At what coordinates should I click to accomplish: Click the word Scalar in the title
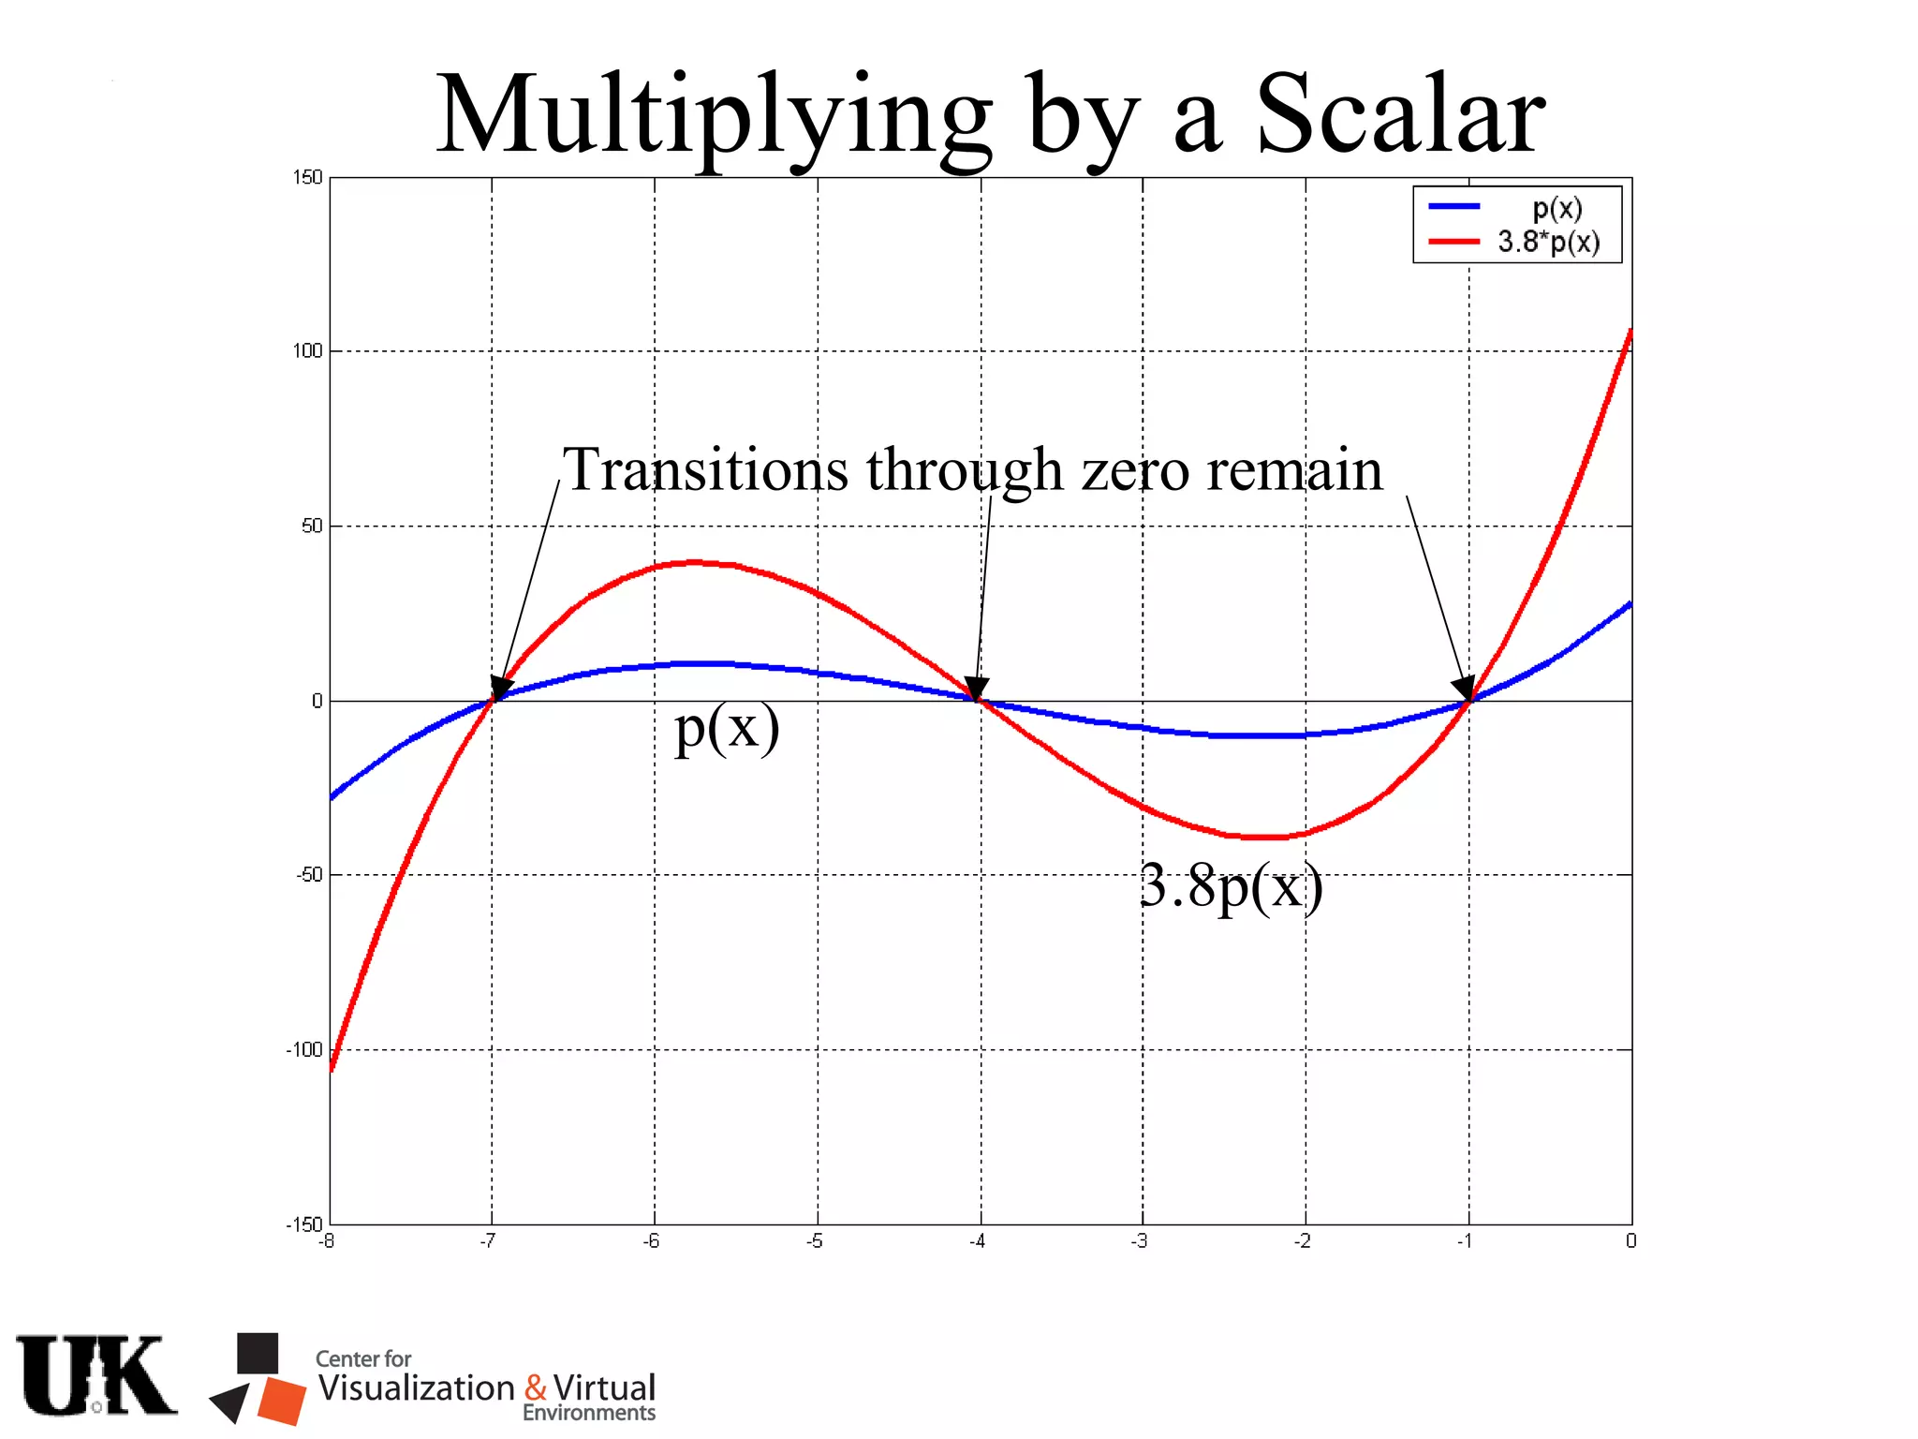tap(1399, 115)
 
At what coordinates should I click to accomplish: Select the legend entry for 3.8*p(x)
tap(1548, 242)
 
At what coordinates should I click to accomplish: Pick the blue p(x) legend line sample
tap(1453, 206)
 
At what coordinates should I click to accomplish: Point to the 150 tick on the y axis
tap(307, 177)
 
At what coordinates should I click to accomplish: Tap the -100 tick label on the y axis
tap(304, 1049)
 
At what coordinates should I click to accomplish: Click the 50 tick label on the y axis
tap(311, 526)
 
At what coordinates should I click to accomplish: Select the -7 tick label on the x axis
tap(488, 1241)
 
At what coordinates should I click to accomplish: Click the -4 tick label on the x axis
tap(977, 1241)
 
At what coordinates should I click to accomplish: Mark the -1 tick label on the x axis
tap(1464, 1241)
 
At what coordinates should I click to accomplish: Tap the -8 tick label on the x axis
tap(326, 1241)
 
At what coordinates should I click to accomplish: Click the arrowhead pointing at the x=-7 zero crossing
tap(501, 689)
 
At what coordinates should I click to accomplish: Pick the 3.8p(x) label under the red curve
tap(1231, 885)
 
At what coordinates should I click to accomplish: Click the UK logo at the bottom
tap(96, 1375)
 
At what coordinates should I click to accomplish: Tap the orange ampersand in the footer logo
tap(536, 1387)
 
